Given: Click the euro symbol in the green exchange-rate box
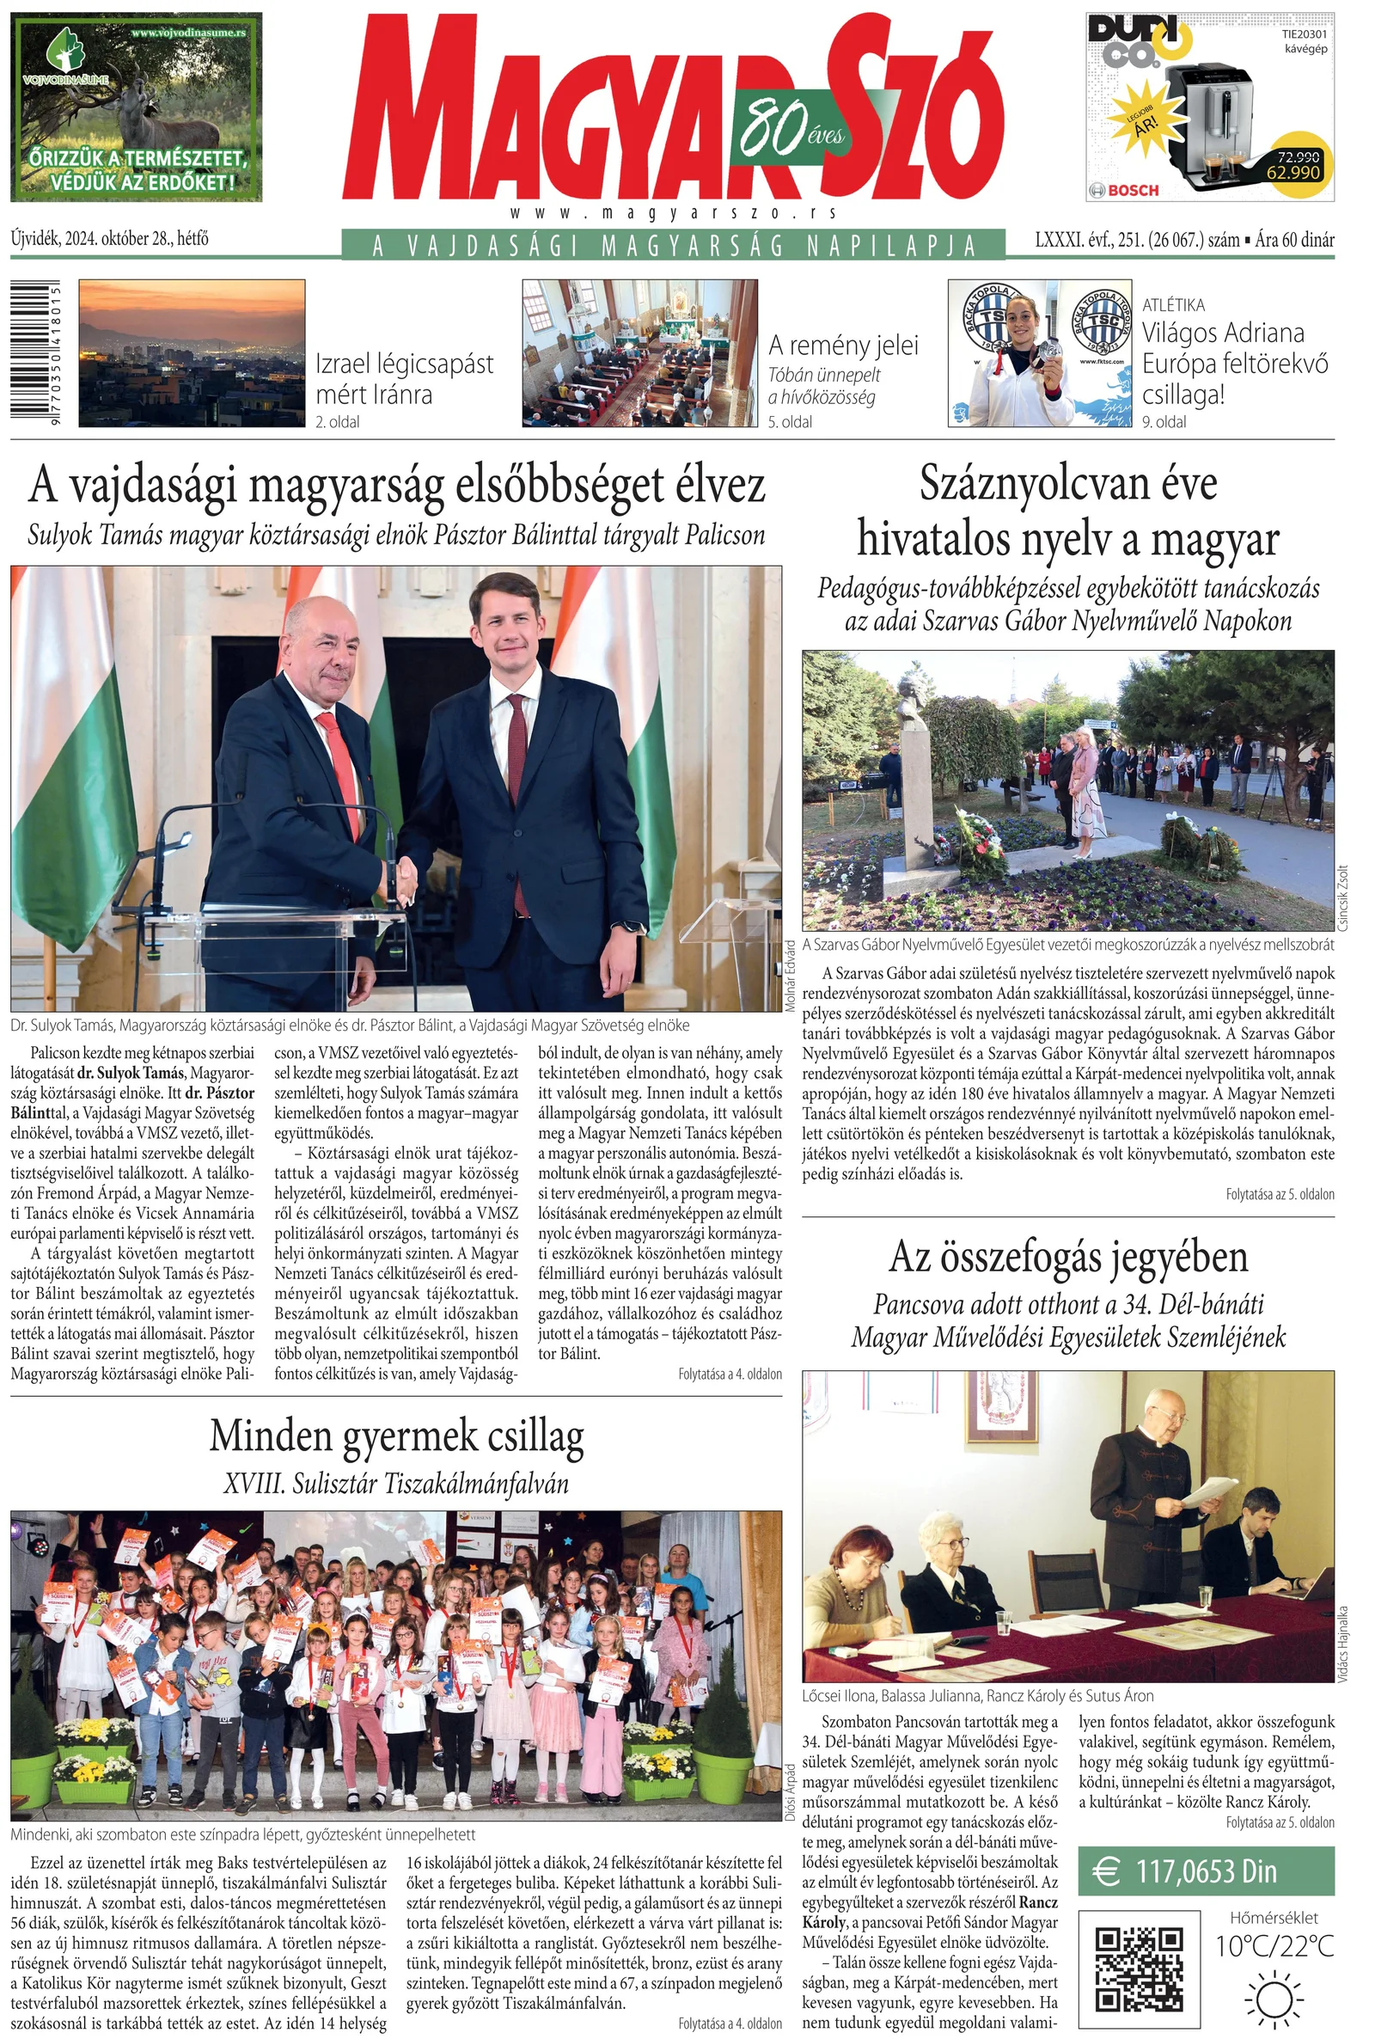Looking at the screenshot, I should coord(1107,1871).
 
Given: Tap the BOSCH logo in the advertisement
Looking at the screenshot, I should coord(1124,189).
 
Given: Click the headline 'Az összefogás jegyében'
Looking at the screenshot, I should coord(1068,1257).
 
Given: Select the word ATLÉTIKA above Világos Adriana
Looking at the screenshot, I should coord(1173,305).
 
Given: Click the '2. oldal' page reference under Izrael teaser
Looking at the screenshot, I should coord(338,422).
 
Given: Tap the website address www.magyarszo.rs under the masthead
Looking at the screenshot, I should coord(673,213).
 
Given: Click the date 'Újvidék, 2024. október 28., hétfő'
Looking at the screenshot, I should coord(110,238).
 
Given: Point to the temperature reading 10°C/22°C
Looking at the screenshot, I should coord(1274,1945).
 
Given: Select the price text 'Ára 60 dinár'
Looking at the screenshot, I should coord(1294,240).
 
